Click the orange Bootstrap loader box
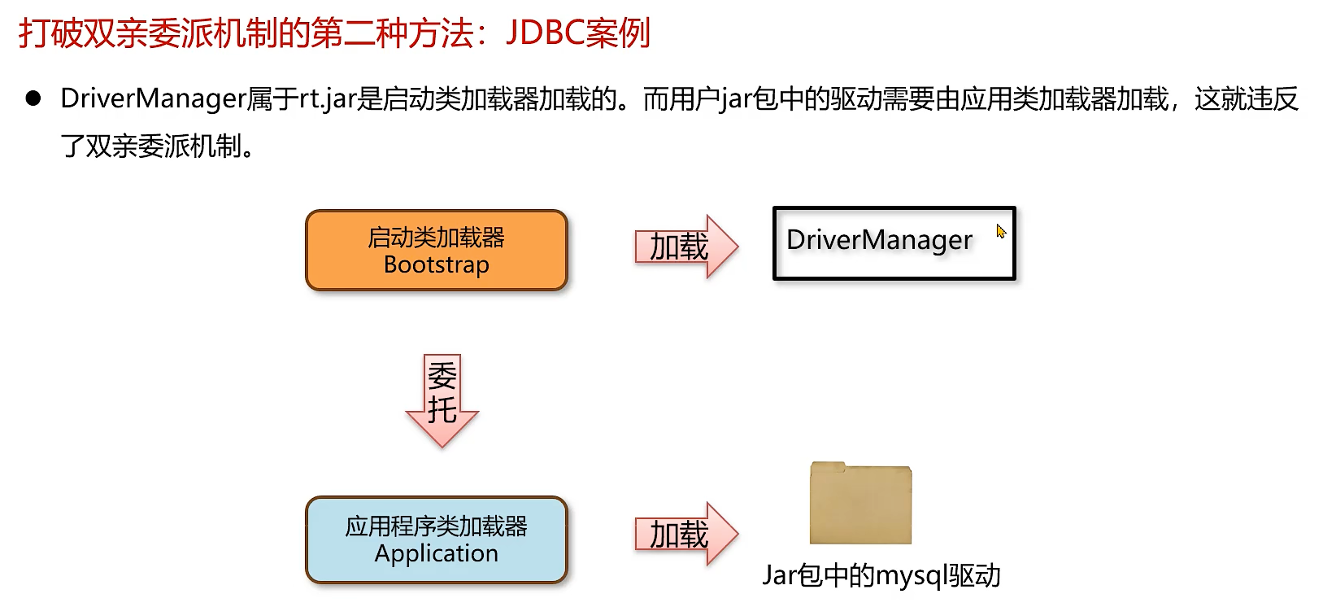pyautogui.click(x=436, y=251)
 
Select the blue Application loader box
pyautogui.click(x=436, y=539)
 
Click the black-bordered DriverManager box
pyautogui.click(x=894, y=243)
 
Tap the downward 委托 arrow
pyautogui.click(x=442, y=400)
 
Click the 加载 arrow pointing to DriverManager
pyautogui.click(x=685, y=247)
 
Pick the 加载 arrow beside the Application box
pyautogui.click(x=685, y=535)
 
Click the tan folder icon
pyautogui.click(x=860, y=504)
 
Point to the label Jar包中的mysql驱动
pyautogui.click(x=881, y=576)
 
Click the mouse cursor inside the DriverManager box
pyautogui.click(x=1001, y=232)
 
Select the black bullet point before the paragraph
pyautogui.click(x=33, y=99)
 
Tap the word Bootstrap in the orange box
pyautogui.click(x=436, y=265)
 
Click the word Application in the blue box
pyautogui.click(x=436, y=553)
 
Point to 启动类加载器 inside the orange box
pyautogui.click(x=436, y=238)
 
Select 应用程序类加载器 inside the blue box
pyautogui.click(x=436, y=526)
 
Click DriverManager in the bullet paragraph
pyautogui.click(x=153, y=99)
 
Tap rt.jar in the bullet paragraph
pyautogui.click(x=329, y=99)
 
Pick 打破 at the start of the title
pyautogui.click(x=50, y=33)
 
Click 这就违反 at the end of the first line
pyautogui.click(x=1246, y=99)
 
